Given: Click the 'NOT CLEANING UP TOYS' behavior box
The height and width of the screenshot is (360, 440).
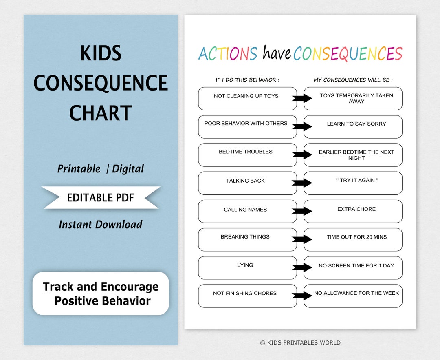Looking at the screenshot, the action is (x=247, y=99).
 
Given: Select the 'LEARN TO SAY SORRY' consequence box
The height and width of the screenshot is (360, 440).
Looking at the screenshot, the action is (x=353, y=127).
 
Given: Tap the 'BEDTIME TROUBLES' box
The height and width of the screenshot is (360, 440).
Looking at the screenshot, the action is (x=247, y=155).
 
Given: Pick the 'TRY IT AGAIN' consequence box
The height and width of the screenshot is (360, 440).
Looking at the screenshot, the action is (x=353, y=183).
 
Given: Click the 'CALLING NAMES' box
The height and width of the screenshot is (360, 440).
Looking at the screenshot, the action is (x=247, y=212).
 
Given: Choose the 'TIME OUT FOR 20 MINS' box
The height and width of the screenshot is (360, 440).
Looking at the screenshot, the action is (x=353, y=240).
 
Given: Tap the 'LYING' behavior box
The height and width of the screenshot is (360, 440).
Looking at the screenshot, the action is (x=247, y=267).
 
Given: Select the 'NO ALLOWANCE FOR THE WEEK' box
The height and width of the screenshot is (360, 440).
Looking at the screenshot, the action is (x=353, y=296).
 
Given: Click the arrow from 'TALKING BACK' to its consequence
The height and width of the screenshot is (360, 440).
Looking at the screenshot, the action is (x=302, y=183).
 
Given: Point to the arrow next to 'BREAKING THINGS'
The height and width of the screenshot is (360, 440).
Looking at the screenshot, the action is (x=302, y=240).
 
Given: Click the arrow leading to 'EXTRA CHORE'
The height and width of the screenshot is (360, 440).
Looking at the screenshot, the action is (x=302, y=211).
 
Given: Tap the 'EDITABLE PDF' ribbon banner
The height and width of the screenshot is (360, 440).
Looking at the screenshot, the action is (x=101, y=198).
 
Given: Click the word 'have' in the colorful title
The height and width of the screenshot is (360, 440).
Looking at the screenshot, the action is (x=277, y=53).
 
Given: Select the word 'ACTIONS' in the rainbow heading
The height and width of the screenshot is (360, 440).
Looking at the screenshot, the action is (x=228, y=53).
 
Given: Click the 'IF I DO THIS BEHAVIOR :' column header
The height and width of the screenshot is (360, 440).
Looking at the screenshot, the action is (x=247, y=80).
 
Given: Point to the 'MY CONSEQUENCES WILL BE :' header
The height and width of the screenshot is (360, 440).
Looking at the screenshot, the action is (x=353, y=80).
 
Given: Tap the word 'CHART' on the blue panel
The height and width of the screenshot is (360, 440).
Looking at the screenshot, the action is (x=101, y=113).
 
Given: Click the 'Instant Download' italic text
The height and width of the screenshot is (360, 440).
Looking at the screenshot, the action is (x=101, y=225).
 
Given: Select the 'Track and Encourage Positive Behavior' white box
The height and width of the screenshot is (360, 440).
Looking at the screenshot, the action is (x=101, y=294).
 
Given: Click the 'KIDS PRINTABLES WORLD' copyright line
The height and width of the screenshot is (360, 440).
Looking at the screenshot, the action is (x=300, y=342).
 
